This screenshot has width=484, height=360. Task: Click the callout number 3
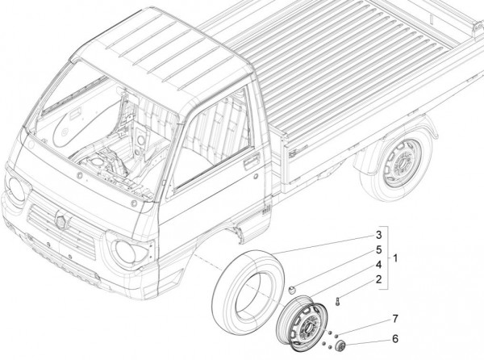tap(377, 235)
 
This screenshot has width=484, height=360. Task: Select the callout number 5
tap(377, 249)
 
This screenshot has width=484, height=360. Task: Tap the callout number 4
tap(377, 264)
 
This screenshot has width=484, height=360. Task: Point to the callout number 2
tap(377, 278)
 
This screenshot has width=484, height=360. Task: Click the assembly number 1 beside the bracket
tap(394, 257)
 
